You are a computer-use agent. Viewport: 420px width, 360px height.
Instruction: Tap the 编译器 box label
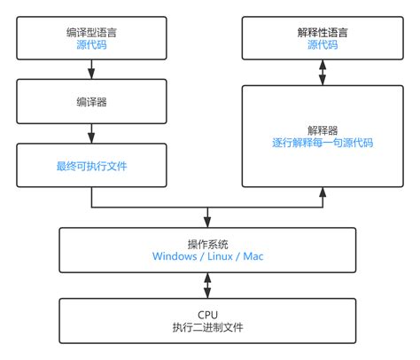tap(92, 102)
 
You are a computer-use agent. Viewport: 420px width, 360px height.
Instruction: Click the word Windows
tap(175, 257)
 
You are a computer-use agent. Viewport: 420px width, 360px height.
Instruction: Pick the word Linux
tap(219, 257)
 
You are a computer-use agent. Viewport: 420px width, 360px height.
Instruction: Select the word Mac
tap(253, 257)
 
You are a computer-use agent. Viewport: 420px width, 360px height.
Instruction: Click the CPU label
tap(207, 314)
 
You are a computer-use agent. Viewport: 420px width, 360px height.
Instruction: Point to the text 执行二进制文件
tap(207, 327)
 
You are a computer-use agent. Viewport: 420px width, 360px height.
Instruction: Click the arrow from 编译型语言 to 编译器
tap(92, 69)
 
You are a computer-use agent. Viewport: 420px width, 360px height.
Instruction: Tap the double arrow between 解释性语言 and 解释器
tap(323, 70)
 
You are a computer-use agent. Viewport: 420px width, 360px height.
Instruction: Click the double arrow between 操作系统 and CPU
tap(207, 285)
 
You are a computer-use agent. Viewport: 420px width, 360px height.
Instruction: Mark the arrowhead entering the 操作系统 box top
tap(207, 222)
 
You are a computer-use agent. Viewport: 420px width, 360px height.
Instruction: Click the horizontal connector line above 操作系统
tap(151, 208)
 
